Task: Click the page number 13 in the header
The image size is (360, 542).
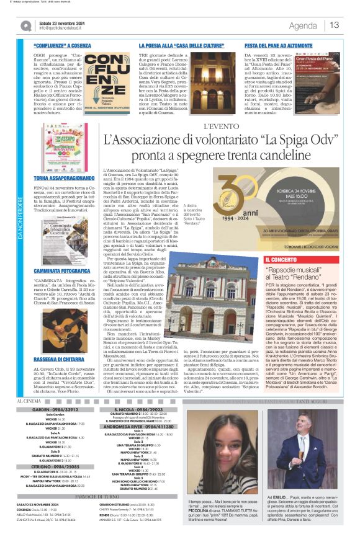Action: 334,25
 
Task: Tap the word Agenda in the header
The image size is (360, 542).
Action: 303,25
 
